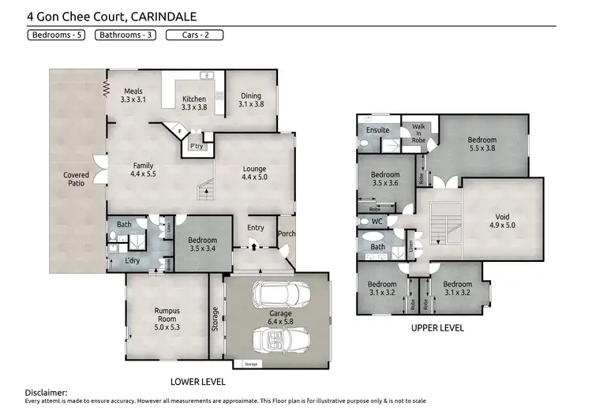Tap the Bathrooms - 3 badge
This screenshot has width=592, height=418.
click(126, 35)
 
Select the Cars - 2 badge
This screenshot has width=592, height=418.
click(194, 35)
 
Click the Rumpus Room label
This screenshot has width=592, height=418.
click(167, 315)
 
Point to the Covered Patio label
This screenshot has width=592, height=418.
click(76, 179)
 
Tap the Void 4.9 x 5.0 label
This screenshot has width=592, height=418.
click(502, 221)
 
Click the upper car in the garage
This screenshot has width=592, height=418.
click(273, 297)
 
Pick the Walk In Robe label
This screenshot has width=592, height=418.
click(418, 134)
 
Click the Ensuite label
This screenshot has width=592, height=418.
click(378, 130)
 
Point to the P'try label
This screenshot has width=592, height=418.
click(196, 146)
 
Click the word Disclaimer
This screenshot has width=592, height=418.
click(46, 392)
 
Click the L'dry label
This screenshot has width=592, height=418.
click(133, 261)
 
